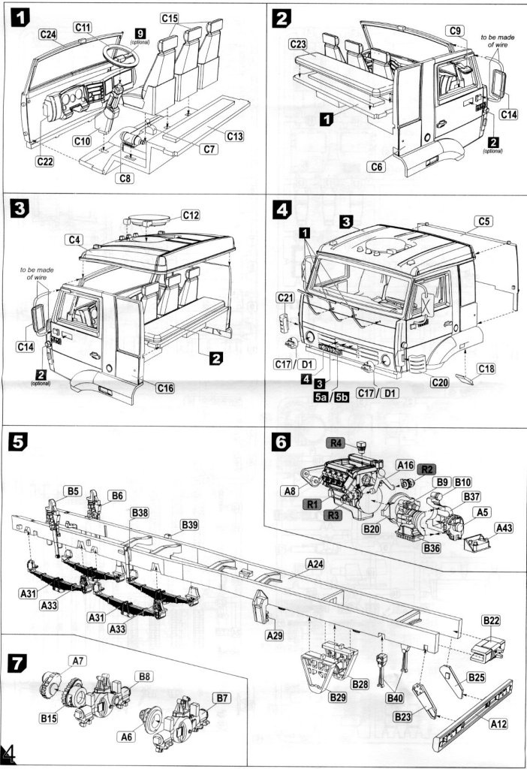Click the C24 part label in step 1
[48, 35]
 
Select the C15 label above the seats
[170, 17]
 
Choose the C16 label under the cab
[167, 388]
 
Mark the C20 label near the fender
[442, 383]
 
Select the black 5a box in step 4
[322, 397]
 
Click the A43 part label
[505, 529]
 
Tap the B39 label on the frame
[190, 525]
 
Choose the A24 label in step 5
[315, 564]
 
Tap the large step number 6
[281, 443]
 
